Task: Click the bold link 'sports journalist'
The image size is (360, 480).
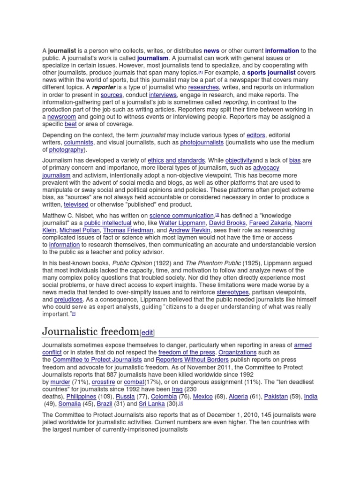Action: [x=271, y=73]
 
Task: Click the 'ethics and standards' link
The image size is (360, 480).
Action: [x=176, y=160]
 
